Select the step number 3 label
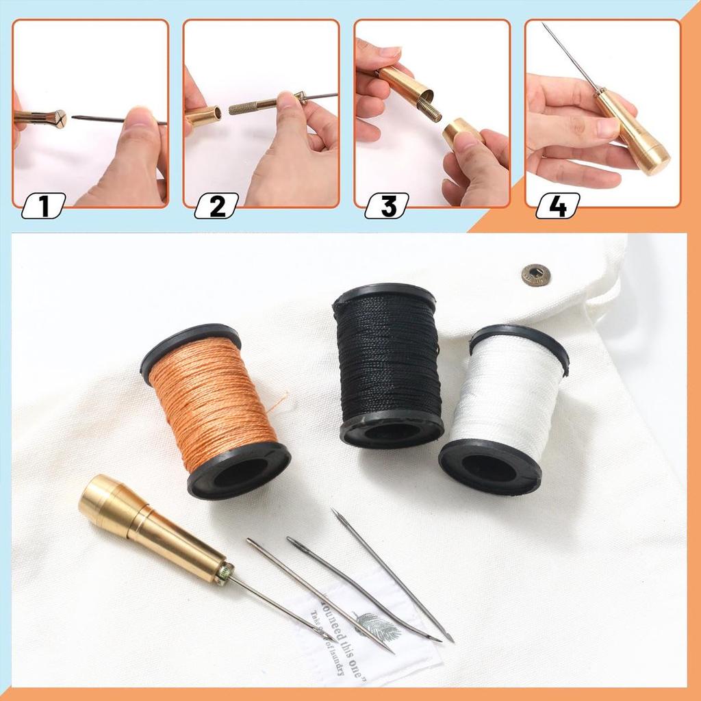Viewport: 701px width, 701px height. pyautogui.click(x=387, y=206)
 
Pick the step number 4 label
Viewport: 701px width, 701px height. pyautogui.click(x=558, y=206)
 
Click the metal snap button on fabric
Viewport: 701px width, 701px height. pyautogui.click(x=536, y=275)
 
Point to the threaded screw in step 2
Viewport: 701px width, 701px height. pyautogui.click(x=253, y=107)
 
